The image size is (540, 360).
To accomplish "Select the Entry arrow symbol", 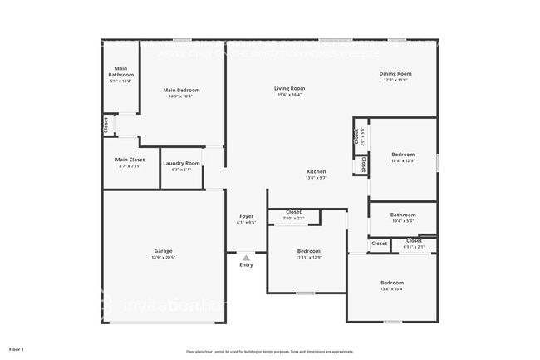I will (x=246, y=258).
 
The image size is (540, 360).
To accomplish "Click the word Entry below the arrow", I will (x=246, y=265).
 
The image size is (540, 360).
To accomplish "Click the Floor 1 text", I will (x=17, y=349).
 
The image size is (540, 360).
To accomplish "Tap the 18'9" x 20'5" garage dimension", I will (x=163, y=257).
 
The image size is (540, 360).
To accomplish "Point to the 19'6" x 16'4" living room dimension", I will (x=290, y=95).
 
